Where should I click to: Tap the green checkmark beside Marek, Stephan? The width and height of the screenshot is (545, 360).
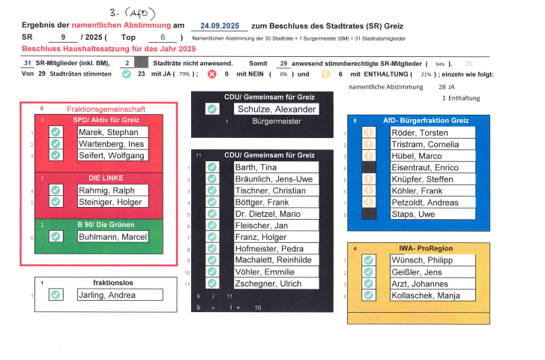point(55,133)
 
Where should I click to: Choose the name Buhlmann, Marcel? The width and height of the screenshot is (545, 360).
point(112,236)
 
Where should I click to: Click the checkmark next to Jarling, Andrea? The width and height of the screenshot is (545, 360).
point(55,295)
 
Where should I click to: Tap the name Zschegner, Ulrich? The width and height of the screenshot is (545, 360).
point(268,283)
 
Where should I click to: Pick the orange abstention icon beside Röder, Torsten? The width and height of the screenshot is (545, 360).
point(368,133)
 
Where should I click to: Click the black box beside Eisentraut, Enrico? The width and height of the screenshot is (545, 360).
point(368,167)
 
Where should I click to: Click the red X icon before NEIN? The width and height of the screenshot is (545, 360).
point(211,75)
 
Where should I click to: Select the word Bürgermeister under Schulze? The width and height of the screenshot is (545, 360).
point(277,121)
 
